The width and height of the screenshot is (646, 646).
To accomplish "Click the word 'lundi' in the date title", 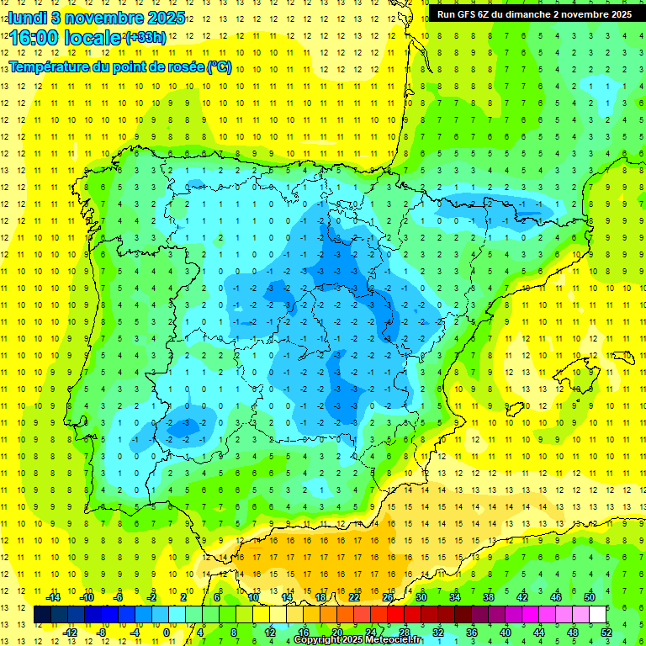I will (28, 16).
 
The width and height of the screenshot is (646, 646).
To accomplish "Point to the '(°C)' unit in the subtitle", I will (219, 67).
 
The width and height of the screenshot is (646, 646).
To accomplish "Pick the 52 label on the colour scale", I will (606, 633).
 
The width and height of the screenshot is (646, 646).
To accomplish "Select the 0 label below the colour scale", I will (166, 633).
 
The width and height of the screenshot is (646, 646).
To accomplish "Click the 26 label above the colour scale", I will (388, 597).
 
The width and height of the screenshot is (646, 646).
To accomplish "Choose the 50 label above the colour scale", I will (590, 597).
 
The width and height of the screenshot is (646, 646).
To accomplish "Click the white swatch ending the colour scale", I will (598, 615).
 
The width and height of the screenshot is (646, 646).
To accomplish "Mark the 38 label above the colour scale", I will (489, 597).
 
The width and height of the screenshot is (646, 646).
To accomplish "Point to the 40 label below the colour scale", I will (506, 633).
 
